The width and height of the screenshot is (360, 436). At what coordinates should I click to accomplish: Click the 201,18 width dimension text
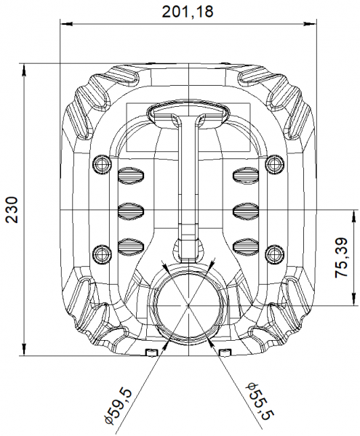click(x=188, y=12)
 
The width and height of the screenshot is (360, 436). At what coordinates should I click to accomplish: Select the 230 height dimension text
click(x=12, y=210)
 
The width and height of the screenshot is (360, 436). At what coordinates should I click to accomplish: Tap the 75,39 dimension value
click(x=341, y=257)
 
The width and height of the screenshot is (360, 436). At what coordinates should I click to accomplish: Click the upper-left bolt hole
click(x=101, y=164)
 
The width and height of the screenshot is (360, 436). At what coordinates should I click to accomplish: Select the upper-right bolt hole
click(x=275, y=164)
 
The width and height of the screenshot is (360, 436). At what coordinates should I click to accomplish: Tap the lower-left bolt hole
click(x=101, y=254)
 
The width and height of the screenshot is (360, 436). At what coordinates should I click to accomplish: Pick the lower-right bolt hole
click(x=275, y=254)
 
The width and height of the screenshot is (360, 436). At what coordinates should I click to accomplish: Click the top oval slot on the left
click(x=132, y=175)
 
